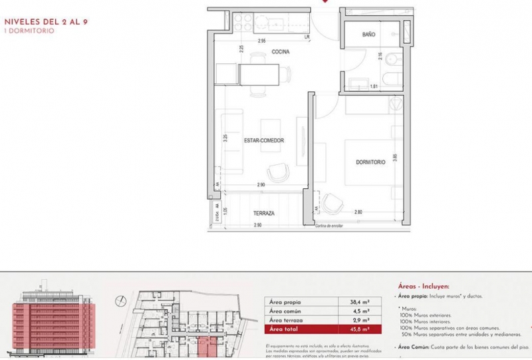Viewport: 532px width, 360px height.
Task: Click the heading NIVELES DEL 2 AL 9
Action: coord(47,21)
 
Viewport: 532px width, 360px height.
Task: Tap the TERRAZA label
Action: coord(264,214)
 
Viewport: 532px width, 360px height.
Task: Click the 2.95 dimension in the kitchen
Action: coord(262,41)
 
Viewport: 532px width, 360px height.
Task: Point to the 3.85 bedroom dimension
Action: coord(394,158)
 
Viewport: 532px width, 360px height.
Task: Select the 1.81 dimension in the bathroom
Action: coord(374,87)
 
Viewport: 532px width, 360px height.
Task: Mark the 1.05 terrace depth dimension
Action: coord(225,211)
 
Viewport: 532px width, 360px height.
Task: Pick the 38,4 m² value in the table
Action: coord(359,301)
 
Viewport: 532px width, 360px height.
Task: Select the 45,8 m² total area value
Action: coord(359,329)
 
